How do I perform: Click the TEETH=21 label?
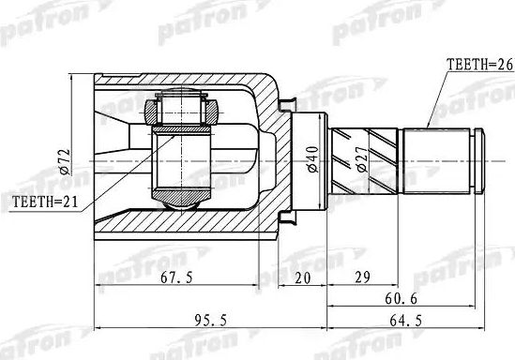tap(44, 202)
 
